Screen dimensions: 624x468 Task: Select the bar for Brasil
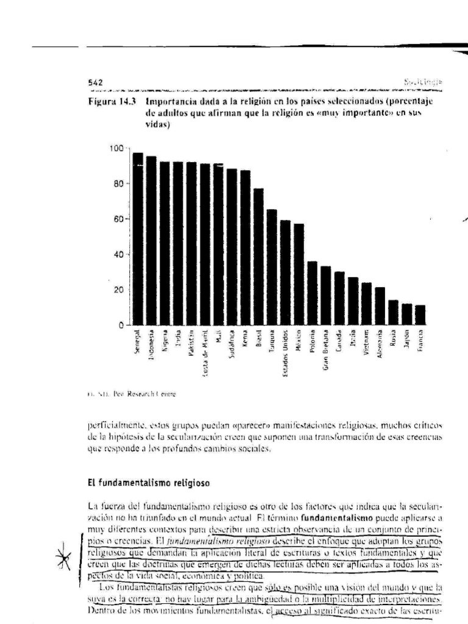(x=258, y=257)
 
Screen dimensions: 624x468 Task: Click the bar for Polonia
(x=312, y=293)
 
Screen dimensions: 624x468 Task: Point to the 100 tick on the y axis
(x=116, y=148)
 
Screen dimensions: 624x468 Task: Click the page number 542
(x=96, y=82)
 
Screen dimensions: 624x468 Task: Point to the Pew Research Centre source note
(x=131, y=394)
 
